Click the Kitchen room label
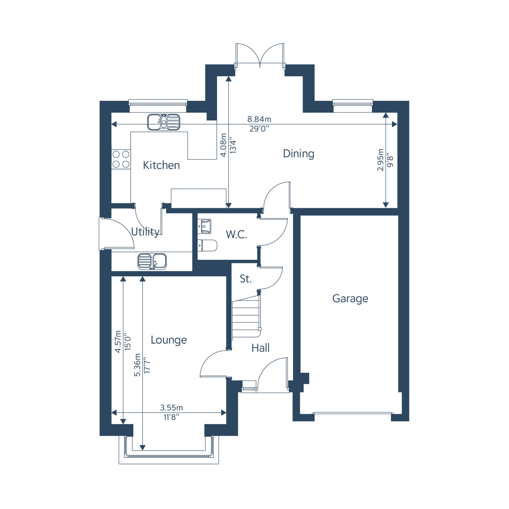click(161, 165)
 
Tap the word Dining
click(298, 154)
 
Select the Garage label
click(350, 299)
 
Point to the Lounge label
click(169, 340)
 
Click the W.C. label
click(236, 235)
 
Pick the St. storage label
click(246, 279)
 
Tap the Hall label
click(261, 348)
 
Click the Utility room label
click(145, 232)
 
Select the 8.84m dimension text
click(259, 119)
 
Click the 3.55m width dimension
click(171, 408)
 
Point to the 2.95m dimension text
click(380, 160)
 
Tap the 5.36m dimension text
click(138, 365)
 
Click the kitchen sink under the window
click(164, 122)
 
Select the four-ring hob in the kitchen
click(121, 159)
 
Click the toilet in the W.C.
click(207, 245)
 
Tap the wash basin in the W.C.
click(204, 226)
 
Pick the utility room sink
click(152, 262)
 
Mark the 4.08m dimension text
click(223, 145)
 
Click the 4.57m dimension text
click(118, 341)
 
